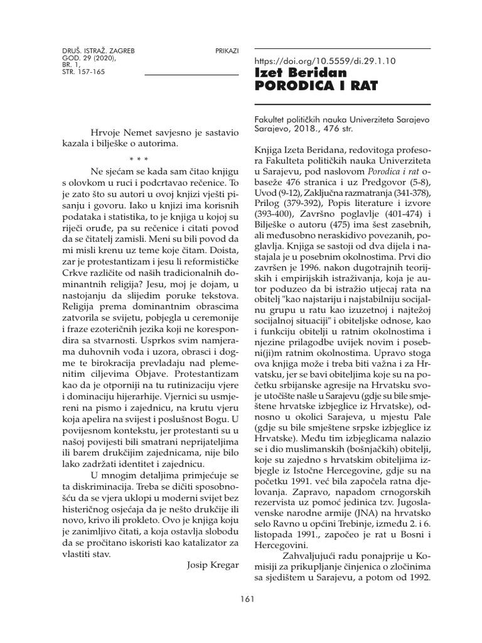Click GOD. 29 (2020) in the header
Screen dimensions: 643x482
[80, 57]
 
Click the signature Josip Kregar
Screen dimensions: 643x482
[213, 565]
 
